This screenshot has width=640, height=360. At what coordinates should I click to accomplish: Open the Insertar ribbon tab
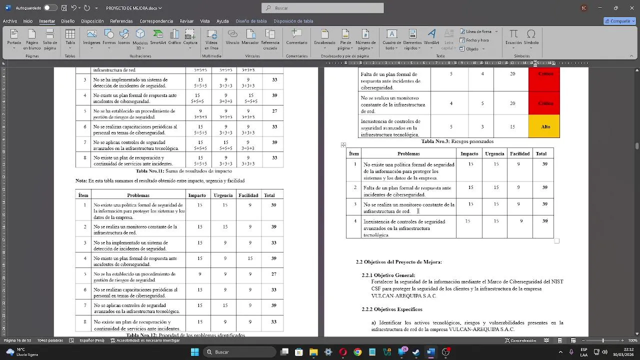(x=47, y=21)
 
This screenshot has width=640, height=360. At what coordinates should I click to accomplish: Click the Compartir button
(x=619, y=21)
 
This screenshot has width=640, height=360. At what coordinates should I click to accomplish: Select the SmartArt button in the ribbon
(x=158, y=36)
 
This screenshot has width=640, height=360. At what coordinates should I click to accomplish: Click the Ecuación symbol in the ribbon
(x=513, y=36)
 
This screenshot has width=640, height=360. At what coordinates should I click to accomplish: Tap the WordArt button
(x=431, y=36)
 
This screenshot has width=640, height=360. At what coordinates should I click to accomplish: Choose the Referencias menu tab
(x=121, y=21)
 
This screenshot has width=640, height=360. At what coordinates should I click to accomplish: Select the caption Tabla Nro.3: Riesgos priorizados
(x=457, y=141)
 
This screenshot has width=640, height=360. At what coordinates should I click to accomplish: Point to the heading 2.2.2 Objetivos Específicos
(x=392, y=309)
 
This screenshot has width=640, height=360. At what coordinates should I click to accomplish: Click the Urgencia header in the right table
(x=494, y=153)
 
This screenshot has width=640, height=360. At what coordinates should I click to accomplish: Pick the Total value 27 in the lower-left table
(x=274, y=274)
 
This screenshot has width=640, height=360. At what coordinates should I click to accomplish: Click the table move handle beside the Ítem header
(x=343, y=145)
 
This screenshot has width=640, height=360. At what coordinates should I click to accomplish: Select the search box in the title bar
(x=322, y=8)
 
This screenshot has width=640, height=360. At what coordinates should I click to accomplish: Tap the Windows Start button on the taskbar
(x=194, y=352)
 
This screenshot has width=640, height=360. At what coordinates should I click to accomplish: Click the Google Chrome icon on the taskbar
(x=357, y=352)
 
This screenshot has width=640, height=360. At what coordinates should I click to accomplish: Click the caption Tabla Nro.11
(x=183, y=171)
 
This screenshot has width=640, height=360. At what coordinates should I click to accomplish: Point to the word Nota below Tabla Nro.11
(x=80, y=180)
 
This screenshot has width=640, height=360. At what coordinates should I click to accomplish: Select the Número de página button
(x=365, y=37)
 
